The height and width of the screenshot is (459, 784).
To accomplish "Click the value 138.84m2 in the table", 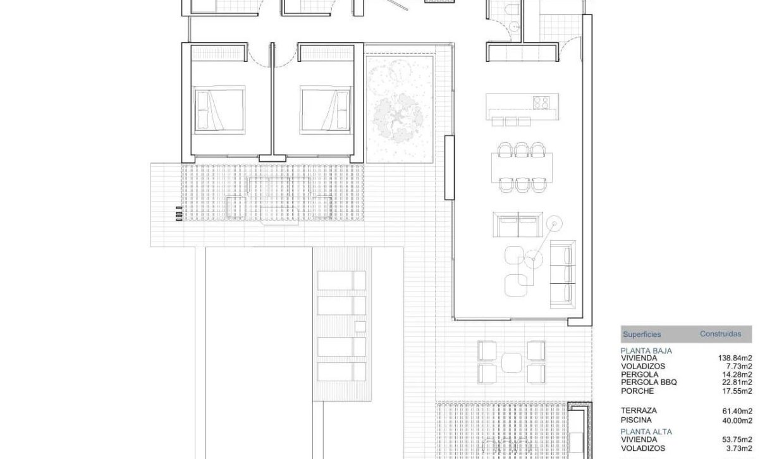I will pos(735,358).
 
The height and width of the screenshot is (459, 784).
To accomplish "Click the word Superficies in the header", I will pos(642,334).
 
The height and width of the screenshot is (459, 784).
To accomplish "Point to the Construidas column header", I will pos(721,334).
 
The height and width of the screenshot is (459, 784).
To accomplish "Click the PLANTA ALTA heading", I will pos(646,432).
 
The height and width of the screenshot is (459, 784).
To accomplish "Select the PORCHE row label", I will pos(637,391).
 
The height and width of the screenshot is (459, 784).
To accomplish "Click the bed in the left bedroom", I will pos(219,109).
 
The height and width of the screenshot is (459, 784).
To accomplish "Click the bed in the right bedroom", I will pos(325,109).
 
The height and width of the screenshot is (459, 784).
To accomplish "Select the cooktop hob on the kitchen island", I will pos(542,101).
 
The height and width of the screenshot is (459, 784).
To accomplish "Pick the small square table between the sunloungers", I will pos(360,326).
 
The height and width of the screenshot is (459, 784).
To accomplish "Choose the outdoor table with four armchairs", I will pos(511,362).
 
